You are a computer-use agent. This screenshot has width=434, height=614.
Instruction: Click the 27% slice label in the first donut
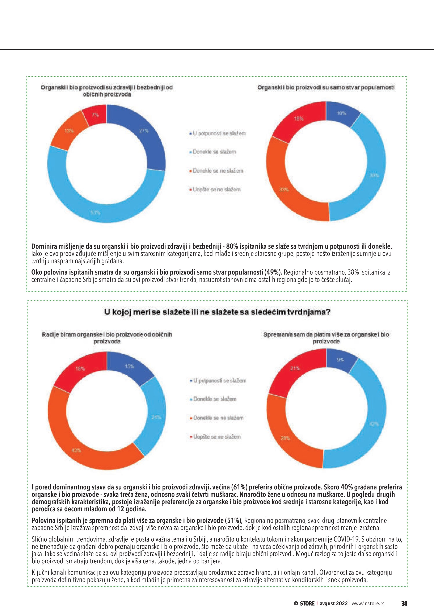[143, 131]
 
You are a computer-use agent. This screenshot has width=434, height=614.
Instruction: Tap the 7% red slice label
[95, 115]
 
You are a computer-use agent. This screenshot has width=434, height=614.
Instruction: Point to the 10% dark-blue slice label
[341, 113]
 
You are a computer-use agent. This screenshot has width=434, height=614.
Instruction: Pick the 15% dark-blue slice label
[129, 366]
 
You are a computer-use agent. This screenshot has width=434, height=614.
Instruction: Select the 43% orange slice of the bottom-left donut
[76, 450]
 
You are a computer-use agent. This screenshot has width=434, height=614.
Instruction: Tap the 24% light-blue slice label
[156, 417]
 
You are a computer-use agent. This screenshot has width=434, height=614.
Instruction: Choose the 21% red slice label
[295, 368]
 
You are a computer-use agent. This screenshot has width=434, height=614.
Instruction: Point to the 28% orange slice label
[285, 438]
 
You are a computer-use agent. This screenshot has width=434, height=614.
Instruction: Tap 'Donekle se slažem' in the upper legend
[214, 152]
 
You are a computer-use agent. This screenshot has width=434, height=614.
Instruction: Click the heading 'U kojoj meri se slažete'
[217, 312]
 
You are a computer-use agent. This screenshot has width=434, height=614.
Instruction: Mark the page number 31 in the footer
[404, 603]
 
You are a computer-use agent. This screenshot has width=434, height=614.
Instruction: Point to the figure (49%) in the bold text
[273, 272]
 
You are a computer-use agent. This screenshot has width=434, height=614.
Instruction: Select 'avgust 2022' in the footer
[333, 603]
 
